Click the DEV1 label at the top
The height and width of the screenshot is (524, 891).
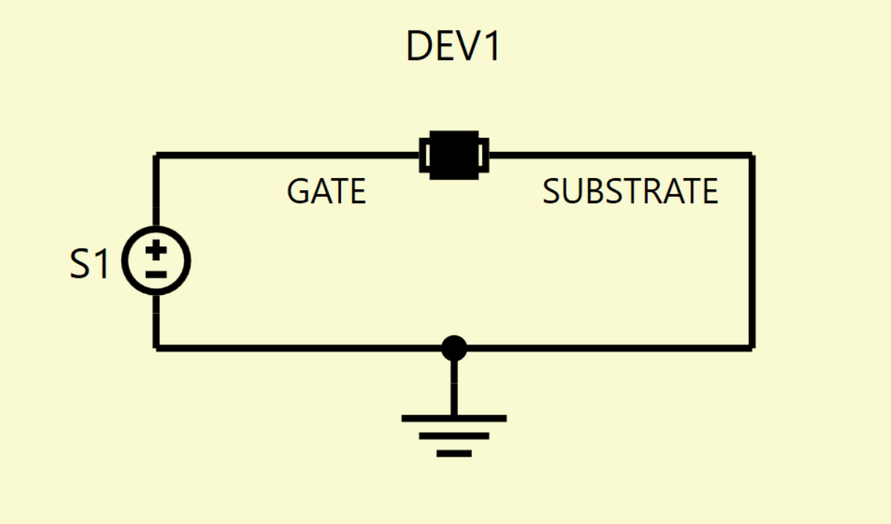tap(453, 46)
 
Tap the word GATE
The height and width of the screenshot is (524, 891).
tap(326, 191)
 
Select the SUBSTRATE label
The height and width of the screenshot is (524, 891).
tap(630, 191)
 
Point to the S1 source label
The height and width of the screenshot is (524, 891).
tap(89, 263)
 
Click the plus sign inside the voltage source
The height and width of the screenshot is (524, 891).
tap(156, 249)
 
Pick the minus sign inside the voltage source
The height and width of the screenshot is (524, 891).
tap(156, 275)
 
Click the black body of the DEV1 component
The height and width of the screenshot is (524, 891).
tap(454, 155)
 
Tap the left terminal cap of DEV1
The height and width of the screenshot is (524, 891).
tap(424, 155)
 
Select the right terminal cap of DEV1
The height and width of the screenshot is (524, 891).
tap(483, 155)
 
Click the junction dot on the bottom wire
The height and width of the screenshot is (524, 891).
tap(454, 348)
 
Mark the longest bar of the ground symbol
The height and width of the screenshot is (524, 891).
tap(454, 419)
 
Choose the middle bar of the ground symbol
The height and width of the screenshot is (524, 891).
tap(454, 436)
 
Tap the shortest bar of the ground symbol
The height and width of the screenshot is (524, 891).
tap(454, 454)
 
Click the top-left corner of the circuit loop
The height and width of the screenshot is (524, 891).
tap(156, 155)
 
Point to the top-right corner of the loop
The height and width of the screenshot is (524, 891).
tap(753, 155)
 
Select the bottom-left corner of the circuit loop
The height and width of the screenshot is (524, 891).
tap(156, 348)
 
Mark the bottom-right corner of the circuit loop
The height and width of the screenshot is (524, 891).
tap(753, 348)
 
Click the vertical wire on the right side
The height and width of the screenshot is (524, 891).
tap(753, 252)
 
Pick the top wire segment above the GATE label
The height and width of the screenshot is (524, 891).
tap(287, 155)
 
